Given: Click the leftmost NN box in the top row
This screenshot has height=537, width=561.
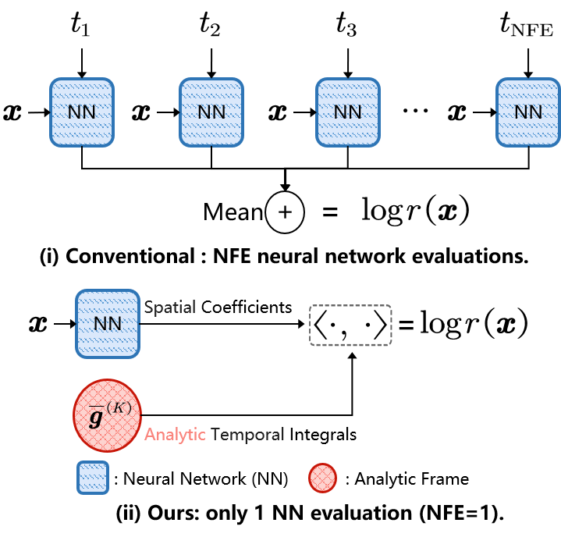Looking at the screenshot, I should [x=82, y=112].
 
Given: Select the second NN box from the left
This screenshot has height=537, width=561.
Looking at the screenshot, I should [x=211, y=112].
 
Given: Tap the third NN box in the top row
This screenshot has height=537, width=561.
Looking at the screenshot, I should [x=348, y=112].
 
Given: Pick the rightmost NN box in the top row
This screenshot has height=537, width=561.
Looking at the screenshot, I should [x=528, y=112].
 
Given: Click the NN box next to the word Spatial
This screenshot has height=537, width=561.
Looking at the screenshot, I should [x=108, y=323].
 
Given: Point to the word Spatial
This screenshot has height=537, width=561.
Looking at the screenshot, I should [x=169, y=308].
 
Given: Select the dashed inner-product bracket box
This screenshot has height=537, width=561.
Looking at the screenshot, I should [x=350, y=325].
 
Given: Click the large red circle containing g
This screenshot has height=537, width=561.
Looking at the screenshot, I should [x=107, y=415].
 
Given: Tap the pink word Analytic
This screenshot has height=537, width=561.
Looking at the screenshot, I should [x=175, y=435].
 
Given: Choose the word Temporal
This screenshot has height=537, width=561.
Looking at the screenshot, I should [x=247, y=435].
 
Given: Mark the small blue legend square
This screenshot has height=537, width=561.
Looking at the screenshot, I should [x=93, y=478].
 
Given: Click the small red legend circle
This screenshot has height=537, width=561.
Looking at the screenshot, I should [x=322, y=478].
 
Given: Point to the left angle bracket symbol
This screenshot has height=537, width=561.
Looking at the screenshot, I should [x=320, y=325].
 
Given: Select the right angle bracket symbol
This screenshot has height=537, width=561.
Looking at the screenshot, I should [x=380, y=325].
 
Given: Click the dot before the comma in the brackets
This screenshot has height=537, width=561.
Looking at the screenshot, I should [x=334, y=323].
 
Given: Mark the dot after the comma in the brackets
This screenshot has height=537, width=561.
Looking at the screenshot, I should [x=367, y=323].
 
